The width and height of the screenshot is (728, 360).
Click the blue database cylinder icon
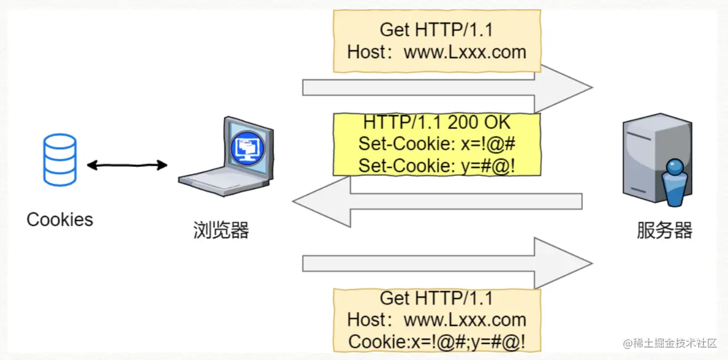pos(60,160)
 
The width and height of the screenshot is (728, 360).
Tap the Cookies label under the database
pos(60,220)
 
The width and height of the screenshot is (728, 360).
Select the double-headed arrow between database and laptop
pos(127,166)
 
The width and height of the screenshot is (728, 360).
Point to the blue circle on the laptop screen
pos(247,148)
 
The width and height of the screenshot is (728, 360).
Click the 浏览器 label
pos(221,230)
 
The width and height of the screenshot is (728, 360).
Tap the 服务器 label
pos(665,230)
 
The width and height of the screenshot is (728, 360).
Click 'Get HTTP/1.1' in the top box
pos(436,29)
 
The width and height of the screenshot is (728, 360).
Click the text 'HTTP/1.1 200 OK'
pos(437,123)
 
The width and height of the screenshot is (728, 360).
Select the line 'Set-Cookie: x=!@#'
pos(437,144)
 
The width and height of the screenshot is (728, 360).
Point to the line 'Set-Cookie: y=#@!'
pos(437,166)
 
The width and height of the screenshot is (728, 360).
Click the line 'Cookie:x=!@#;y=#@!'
pos(437,341)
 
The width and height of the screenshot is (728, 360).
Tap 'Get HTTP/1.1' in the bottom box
pos(436,298)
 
